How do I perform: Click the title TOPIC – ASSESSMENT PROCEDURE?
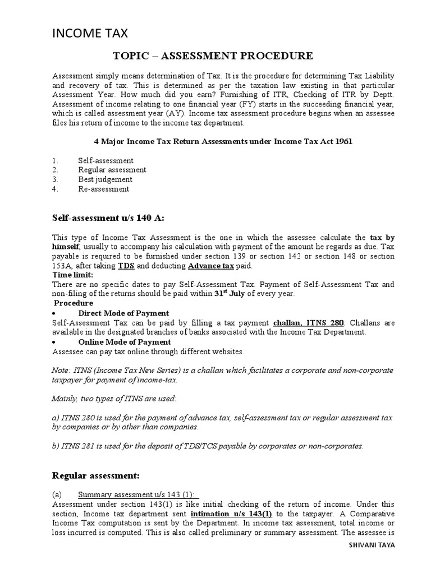213,56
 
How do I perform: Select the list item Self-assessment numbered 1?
106,160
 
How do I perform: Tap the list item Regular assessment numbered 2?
112,170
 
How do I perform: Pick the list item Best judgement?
105,179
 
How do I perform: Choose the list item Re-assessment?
103,189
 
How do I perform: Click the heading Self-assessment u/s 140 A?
104,217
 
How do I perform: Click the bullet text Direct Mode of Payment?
123,313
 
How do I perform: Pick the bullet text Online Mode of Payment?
125,342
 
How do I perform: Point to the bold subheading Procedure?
74,303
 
